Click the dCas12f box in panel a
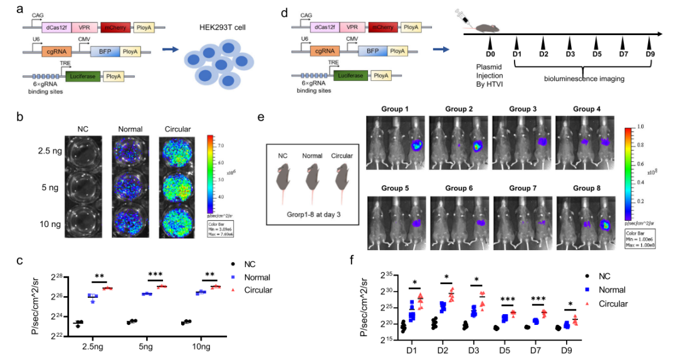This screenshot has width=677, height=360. pos(55,28)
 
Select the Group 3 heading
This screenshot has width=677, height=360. pos(513,109)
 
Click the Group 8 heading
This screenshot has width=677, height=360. pos(587,189)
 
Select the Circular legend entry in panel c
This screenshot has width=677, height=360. pos(258,290)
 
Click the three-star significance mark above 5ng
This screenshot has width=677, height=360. pos(155,274)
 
